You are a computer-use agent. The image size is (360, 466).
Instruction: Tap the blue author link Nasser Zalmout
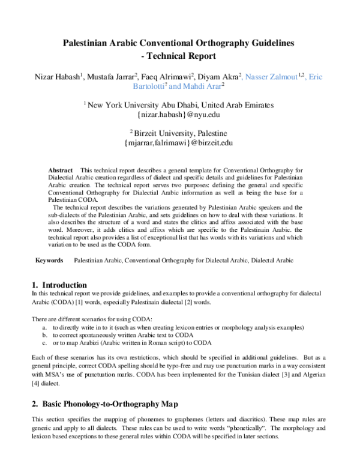pyautogui.click(x=277, y=77)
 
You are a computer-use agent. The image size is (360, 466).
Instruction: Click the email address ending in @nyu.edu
pyautogui.click(x=179, y=114)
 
